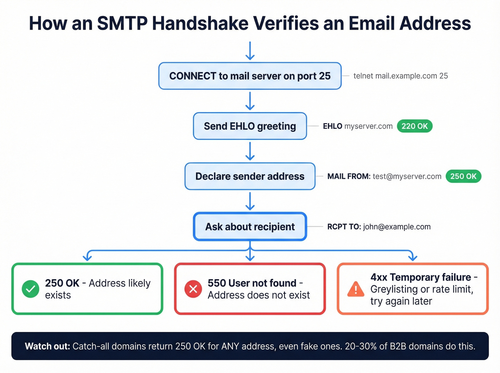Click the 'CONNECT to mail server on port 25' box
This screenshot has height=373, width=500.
pos(250,76)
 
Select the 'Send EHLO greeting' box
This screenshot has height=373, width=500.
pos(250,126)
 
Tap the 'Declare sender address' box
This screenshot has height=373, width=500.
pos(250,176)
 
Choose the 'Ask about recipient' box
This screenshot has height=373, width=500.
pos(250,227)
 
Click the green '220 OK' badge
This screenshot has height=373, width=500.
pos(414,126)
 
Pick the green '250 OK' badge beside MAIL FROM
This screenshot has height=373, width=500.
pos(463,176)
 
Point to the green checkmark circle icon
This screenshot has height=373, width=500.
pos(31,289)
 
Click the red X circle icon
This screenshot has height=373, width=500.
pos(193,289)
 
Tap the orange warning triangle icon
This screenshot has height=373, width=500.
pos(356,289)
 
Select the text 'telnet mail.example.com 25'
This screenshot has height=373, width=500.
pos(400,76)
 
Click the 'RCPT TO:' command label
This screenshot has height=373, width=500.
pos(344,227)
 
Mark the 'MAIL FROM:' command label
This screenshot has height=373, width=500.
pos(349,176)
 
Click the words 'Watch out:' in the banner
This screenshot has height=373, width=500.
pos(47,346)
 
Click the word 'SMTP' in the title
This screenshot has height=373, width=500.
pos(122,23)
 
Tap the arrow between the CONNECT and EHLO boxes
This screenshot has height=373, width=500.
pos(250,101)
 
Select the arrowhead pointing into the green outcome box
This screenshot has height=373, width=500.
pos(87,257)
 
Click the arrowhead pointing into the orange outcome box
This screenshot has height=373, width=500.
pos(412,257)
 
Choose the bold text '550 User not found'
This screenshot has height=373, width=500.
pos(252,283)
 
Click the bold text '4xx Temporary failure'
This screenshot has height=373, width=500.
pos(421,277)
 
